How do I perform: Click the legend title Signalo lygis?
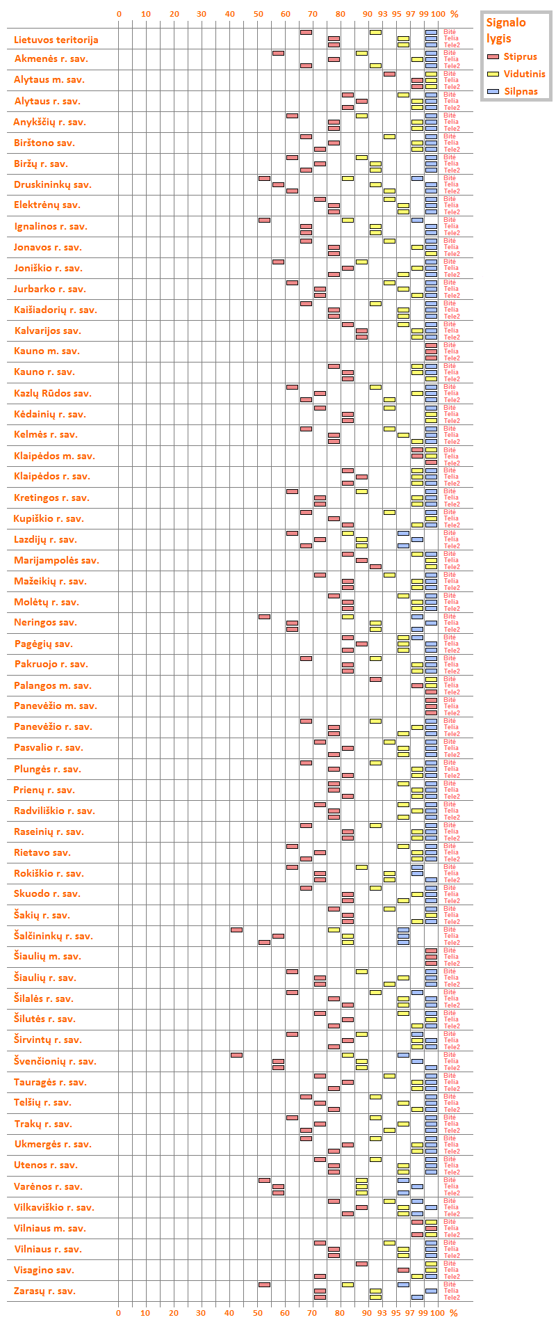click(x=506, y=30)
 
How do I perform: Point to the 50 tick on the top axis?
click(x=258, y=14)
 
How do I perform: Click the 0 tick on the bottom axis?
click(x=119, y=1313)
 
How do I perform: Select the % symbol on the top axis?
click(x=454, y=14)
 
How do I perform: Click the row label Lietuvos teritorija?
click(x=56, y=40)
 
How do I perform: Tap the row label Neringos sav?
click(x=46, y=623)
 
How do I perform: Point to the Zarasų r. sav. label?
click(x=45, y=1291)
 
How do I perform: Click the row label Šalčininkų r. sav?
click(x=54, y=936)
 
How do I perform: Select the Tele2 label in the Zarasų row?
click(x=452, y=1298)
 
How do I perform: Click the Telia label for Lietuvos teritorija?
click(x=451, y=38)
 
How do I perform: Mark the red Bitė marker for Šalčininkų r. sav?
click(x=236, y=930)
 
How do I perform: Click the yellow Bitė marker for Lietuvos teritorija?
click(x=375, y=32)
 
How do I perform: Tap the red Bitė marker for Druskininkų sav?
click(x=264, y=178)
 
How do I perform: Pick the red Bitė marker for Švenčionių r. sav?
click(x=236, y=1055)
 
